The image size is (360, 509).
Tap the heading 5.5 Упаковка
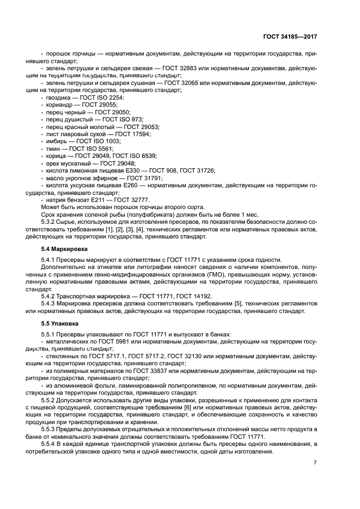(x=61, y=323)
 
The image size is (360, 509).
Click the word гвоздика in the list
(x=58, y=97)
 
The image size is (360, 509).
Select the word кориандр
(x=59, y=104)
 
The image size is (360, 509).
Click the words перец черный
(x=65, y=112)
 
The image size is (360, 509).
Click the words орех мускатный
(x=68, y=163)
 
